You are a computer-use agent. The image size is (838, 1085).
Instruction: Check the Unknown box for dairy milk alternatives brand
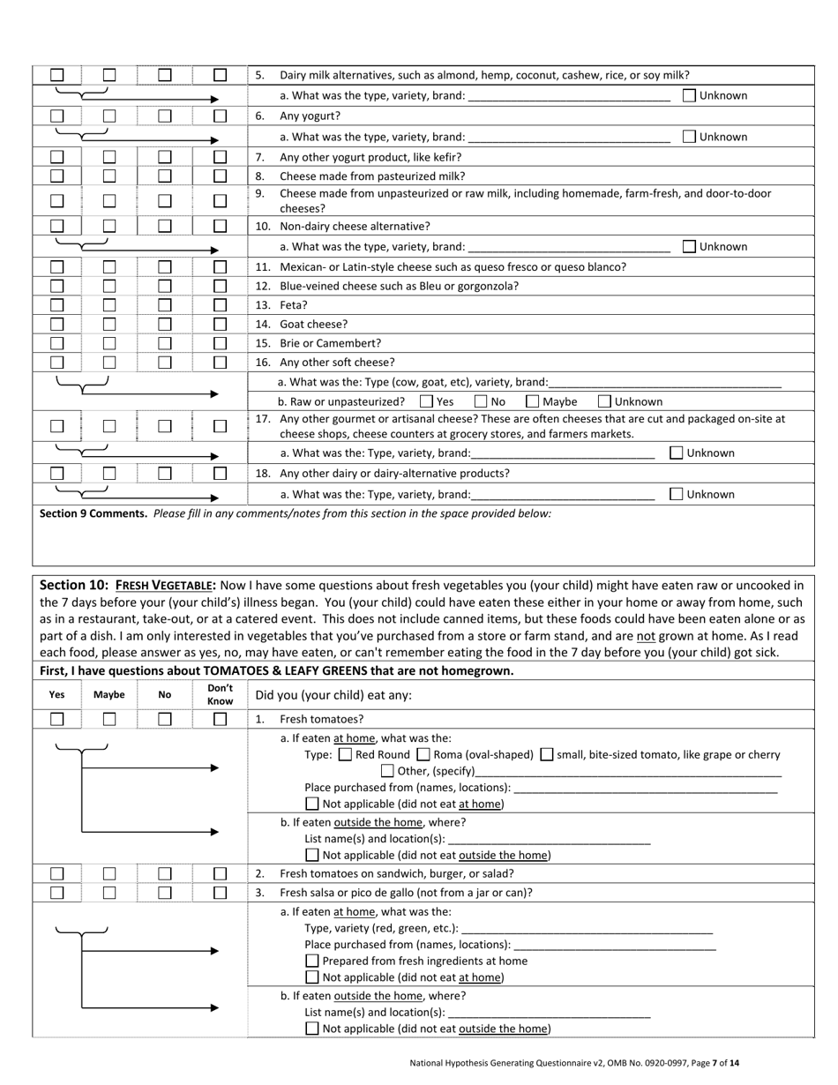(x=690, y=95)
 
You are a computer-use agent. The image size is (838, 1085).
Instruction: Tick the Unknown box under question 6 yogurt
(x=690, y=137)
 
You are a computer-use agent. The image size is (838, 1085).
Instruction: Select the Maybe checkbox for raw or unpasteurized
(x=533, y=401)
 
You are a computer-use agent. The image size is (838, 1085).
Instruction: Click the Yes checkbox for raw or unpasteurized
(x=427, y=401)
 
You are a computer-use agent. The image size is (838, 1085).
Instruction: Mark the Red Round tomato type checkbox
(x=346, y=754)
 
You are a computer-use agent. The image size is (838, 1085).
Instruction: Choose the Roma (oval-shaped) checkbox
(x=423, y=754)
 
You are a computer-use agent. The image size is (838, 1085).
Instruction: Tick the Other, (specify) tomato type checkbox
(x=387, y=771)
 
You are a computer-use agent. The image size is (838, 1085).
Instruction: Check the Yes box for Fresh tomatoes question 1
(x=57, y=719)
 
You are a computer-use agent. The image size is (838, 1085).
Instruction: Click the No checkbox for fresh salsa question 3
(x=165, y=892)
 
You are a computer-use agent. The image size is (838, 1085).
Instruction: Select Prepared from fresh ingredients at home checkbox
(x=312, y=961)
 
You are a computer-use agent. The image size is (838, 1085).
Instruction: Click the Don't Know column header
(x=220, y=694)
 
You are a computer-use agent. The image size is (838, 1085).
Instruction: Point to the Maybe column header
(x=109, y=694)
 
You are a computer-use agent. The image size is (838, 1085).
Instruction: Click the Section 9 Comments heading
(x=94, y=513)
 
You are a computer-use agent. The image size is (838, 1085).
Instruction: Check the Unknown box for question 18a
(x=677, y=494)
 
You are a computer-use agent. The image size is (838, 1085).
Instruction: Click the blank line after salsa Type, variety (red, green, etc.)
(x=587, y=929)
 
